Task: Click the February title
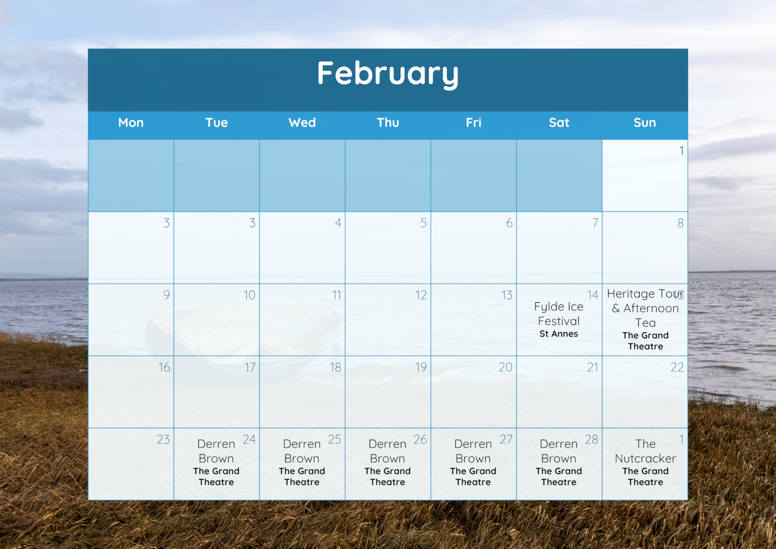388,74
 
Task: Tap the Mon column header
131,122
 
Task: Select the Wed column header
302,122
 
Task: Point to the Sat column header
559,122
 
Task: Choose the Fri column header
473,122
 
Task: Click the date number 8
680,223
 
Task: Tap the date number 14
592,295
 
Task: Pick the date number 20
506,367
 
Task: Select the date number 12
421,295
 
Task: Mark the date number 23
163,439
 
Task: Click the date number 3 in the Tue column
252,223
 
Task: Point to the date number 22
677,367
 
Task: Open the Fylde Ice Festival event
559,314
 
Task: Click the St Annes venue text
559,334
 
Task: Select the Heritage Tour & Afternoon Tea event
645,308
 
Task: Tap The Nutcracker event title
645,451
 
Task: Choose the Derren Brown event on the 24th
216,451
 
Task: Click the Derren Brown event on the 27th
473,451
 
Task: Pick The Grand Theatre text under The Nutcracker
645,477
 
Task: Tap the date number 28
591,439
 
